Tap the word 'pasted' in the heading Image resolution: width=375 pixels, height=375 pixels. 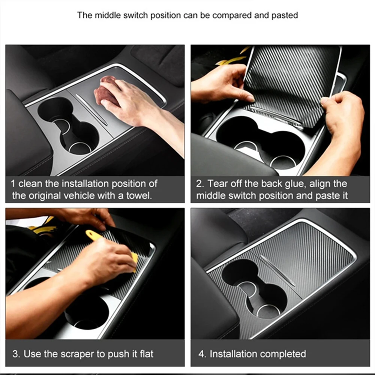click(285, 15)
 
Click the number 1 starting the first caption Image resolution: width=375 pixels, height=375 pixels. click(13, 184)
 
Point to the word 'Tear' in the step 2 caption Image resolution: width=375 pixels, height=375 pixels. click(216, 184)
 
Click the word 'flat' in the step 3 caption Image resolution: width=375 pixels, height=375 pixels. click(146, 354)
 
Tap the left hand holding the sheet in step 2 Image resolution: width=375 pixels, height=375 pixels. click(221, 84)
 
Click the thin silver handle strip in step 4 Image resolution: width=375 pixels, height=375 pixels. click(277, 270)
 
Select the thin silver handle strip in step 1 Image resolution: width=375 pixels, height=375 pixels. click(91, 109)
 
